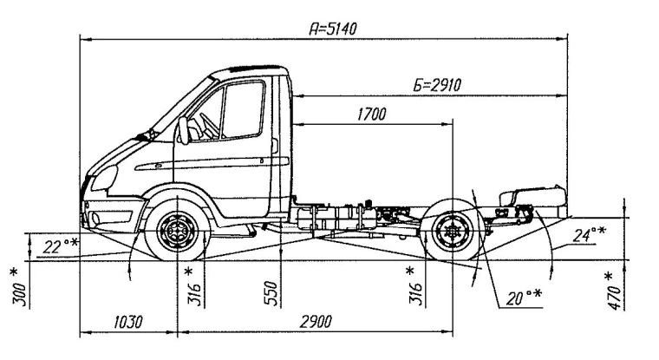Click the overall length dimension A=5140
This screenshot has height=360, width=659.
333,29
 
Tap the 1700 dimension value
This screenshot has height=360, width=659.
371,114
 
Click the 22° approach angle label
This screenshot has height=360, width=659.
60,246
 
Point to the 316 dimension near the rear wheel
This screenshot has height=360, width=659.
415,284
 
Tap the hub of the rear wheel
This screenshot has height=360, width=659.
452,231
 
